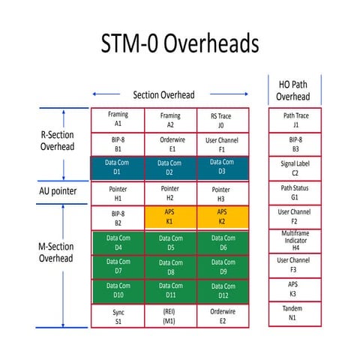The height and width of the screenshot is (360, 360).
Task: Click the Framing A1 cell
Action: click(x=118, y=120)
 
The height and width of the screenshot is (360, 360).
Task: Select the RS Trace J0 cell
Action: click(x=222, y=120)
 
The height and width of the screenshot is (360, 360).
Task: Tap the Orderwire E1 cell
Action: click(x=170, y=144)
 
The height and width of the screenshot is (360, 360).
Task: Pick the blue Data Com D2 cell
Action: click(x=170, y=166)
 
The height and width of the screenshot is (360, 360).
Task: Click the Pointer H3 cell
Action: click(x=222, y=193)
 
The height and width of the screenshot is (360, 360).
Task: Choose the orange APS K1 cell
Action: click(x=170, y=217)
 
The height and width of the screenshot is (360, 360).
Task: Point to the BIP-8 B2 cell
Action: click(x=118, y=217)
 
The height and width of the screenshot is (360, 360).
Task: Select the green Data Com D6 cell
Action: click(x=222, y=242)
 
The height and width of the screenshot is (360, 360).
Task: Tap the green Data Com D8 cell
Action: click(x=170, y=267)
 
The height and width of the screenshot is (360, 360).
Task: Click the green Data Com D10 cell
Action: click(x=118, y=291)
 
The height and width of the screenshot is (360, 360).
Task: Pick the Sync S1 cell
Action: click(x=118, y=316)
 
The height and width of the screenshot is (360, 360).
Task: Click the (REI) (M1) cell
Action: click(x=170, y=316)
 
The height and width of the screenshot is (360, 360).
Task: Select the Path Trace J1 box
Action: click(x=295, y=120)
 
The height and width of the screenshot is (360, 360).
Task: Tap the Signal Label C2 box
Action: click(x=295, y=166)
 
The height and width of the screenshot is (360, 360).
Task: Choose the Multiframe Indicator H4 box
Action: click(x=295, y=241)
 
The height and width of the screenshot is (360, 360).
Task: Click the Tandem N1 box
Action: click(x=295, y=313)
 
